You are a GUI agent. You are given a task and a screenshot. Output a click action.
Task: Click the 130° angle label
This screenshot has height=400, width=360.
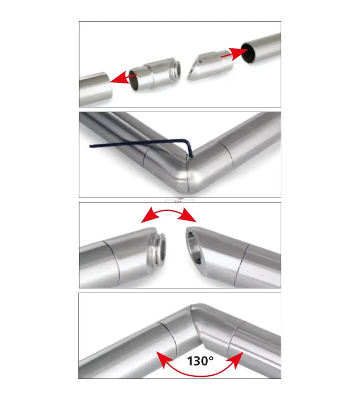[x=200, y=361]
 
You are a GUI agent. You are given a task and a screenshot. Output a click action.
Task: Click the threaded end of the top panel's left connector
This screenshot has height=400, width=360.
[x=176, y=69]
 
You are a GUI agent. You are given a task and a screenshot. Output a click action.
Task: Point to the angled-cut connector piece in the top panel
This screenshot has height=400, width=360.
[x=210, y=65]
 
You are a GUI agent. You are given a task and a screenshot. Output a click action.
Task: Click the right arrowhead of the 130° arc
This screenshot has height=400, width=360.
[x=235, y=359]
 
